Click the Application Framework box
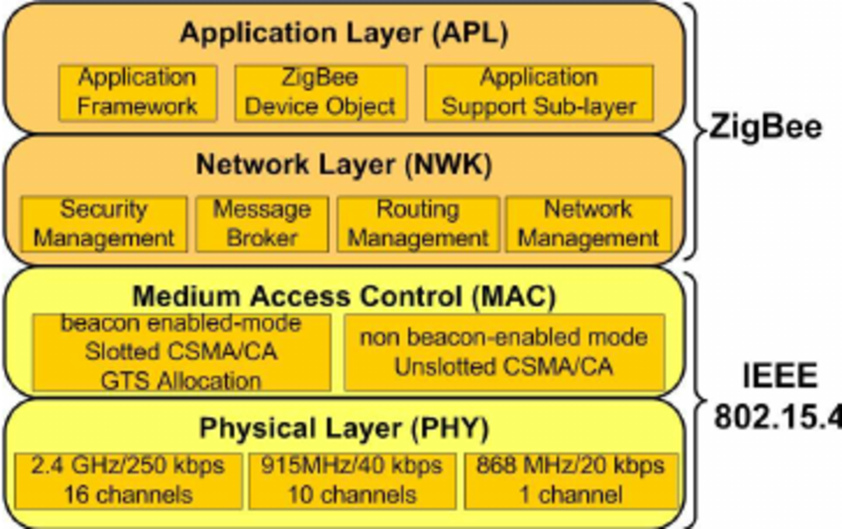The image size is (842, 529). [x=138, y=92]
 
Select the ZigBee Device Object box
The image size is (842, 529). [x=320, y=92]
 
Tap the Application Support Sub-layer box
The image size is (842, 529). [x=539, y=92]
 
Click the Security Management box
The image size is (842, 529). [x=104, y=224]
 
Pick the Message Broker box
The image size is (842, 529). [x=262, y=224]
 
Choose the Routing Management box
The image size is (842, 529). [x=417, y=224]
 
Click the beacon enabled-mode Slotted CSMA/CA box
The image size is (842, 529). [x=180, y=353]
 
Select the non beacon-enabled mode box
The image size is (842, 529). [x=503, y=353]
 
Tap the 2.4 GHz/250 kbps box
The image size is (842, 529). [x=127, y=479]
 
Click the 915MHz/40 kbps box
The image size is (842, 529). [x=352, y=479]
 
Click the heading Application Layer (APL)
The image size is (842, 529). [x=343, y=33]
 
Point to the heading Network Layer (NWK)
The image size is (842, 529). [x=343, y=164]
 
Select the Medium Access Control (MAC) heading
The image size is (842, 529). [x=344, y=295]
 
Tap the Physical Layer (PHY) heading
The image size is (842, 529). [x=344, y=429]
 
